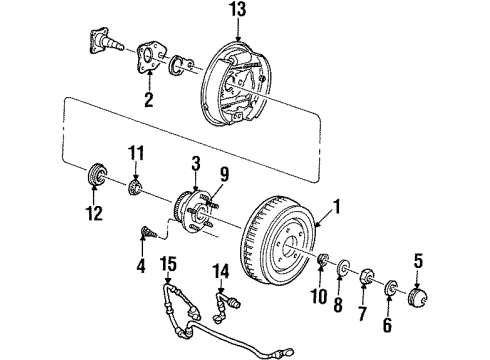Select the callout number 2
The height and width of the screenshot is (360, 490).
click(x=149, y=101)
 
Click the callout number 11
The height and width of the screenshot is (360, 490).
click(x=138, y=152)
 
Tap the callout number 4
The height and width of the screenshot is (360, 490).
click(x=141, y=267)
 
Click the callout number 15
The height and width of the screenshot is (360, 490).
click(x=168, y=263)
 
